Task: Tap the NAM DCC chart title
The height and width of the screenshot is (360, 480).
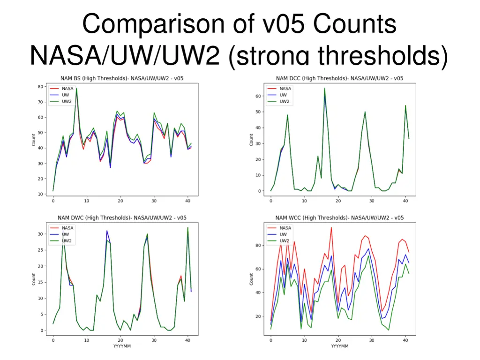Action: coord(340,78)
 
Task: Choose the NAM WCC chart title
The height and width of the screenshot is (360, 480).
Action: coord(340,217)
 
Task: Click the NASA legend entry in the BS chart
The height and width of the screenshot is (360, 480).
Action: coord(67,88)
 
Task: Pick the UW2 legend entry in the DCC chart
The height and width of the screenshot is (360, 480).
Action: coord(285,101)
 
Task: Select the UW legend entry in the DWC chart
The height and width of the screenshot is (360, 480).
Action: coord(65,234)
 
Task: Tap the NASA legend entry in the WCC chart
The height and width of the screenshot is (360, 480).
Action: coord(285,228)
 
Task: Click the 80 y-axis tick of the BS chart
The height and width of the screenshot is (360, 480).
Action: coord(41,86)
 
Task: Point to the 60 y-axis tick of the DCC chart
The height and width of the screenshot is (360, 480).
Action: coord(259,96)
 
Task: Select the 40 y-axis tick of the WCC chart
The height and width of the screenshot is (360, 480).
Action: coord(259,292)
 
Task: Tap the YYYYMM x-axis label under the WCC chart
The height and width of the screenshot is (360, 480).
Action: coord(340,346)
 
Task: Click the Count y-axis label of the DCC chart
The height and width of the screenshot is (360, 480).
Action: coord(251,139)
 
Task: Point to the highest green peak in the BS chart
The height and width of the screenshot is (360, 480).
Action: coord(76,88)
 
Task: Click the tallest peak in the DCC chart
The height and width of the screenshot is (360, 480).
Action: coord(324,88)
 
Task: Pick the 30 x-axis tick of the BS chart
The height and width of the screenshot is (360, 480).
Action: coord(154,201)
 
